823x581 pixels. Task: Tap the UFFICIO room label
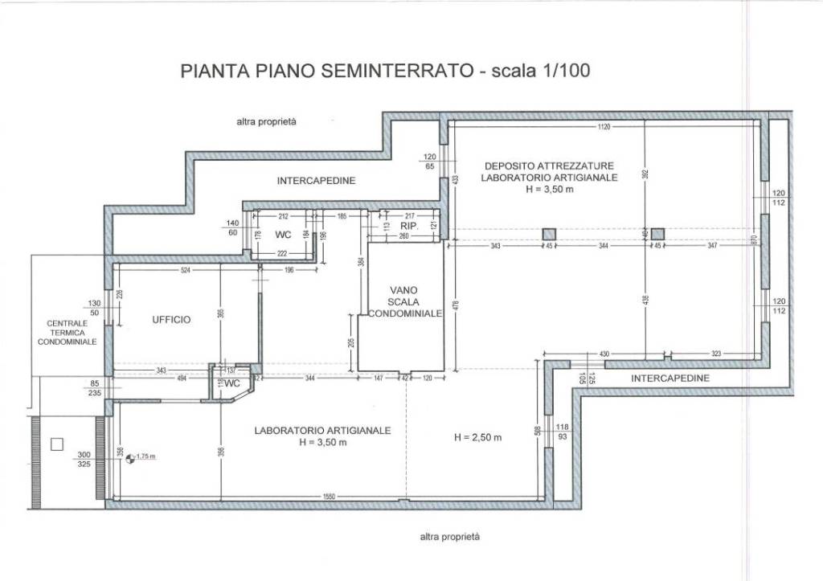point(171,320)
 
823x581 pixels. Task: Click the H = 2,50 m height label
point(477,437)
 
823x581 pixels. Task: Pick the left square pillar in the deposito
point(549,234)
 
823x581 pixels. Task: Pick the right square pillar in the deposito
point(657,234)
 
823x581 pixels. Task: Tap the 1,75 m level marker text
point(145,456)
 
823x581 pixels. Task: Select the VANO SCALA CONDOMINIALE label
point(403,301)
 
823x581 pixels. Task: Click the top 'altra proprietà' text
point(266,122)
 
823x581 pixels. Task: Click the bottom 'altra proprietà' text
point(449,536)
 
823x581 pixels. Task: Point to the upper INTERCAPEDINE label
point(316,181)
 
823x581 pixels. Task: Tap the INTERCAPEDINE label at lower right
point(669,378)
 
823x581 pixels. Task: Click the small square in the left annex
point(56,443)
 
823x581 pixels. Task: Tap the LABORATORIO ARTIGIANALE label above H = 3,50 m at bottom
point(322,431)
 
